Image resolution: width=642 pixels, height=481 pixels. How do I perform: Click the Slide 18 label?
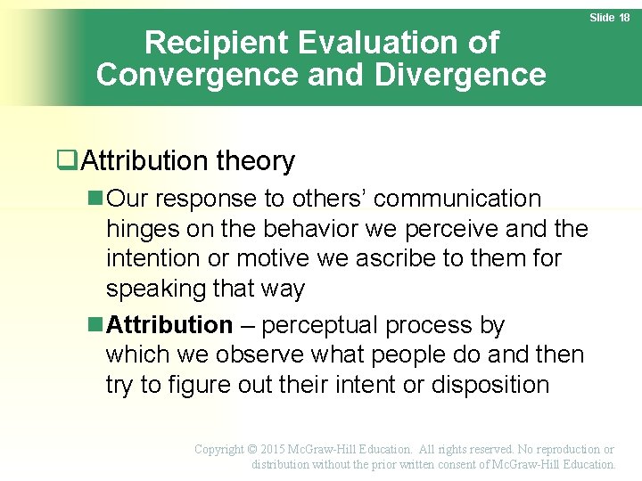pos(610,18)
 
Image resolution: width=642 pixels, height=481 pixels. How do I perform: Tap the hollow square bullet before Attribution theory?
pos(64,161)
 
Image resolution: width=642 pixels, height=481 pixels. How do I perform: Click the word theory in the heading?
pos(260,161)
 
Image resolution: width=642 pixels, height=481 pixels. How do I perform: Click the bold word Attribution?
pos(169,325)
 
